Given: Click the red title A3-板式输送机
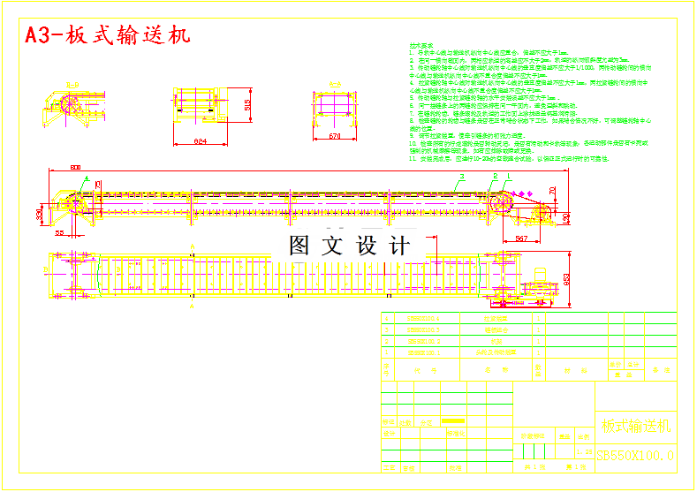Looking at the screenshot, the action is [107, 36].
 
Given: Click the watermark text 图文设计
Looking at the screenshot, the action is [350, 245].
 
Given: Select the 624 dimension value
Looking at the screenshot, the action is [201, 140].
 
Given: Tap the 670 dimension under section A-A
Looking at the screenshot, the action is [335, 136].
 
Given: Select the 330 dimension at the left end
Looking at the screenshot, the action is [40, 215].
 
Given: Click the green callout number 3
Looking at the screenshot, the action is [460, 177].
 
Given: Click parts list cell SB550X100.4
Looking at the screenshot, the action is [421, 317].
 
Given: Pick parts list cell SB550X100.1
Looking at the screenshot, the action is [421, 352].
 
